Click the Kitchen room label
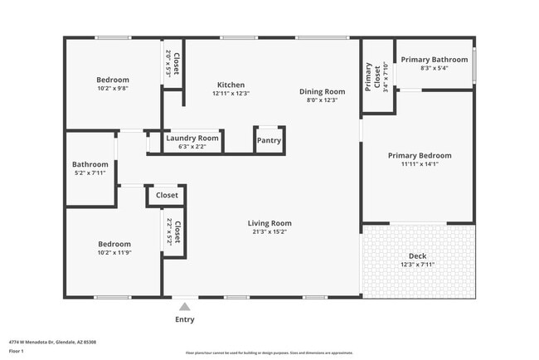[x=231, y=85]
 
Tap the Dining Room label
[x=322, y=91]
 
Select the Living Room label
[x=269, y=223]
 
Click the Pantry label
[x=269, y=141]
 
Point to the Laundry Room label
[x=192, y=138]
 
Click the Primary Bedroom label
[x=420, y=155]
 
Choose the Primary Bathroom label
[x=435, y=60]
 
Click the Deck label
[x=418, y=255]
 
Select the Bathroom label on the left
[x=90, y=164]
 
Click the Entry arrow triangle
[x=184, y=306]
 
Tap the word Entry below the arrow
[x=185, y=319]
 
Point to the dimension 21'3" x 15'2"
[x=269, y=232]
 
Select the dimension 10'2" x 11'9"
[x=114, y=252]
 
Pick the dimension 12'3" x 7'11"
[x=418, y=265]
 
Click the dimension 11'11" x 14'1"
[x=420, y=164]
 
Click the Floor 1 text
[x=17, y=351]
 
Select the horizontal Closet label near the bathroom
[x=167, y=196]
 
